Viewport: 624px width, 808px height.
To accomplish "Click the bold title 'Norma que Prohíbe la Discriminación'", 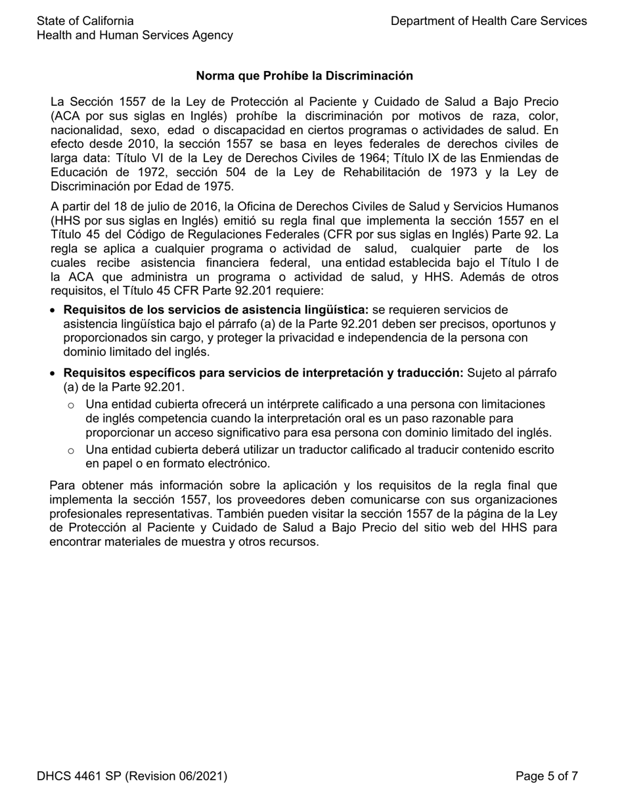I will tap(304, 76).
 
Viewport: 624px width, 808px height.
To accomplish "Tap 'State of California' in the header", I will tap(85, 21).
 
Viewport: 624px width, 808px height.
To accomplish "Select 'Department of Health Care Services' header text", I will tap(489, 21).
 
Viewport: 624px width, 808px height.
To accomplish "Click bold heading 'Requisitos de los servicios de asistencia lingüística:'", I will tap(215, 310).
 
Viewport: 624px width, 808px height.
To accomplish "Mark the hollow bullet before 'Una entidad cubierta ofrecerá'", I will tap(71, 405).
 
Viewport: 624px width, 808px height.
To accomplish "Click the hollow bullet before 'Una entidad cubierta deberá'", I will tap(71, 451).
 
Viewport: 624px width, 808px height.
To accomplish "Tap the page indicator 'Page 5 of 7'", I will tap(547, 776).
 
